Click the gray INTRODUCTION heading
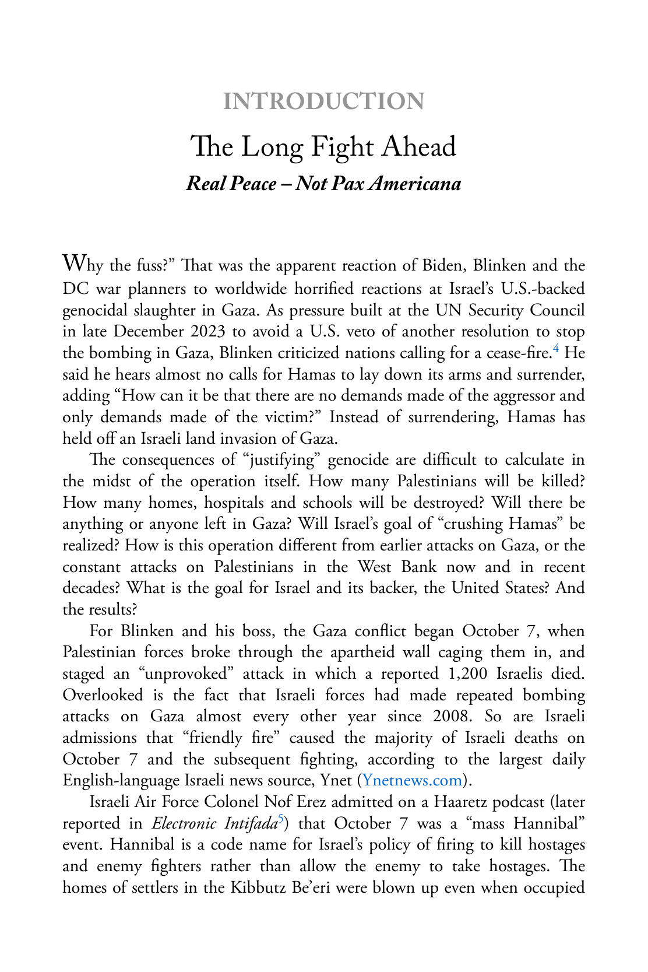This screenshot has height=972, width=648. click(323, 101)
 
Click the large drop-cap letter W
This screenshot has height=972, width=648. click(74, 263)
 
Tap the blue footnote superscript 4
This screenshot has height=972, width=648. click(557, 349)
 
